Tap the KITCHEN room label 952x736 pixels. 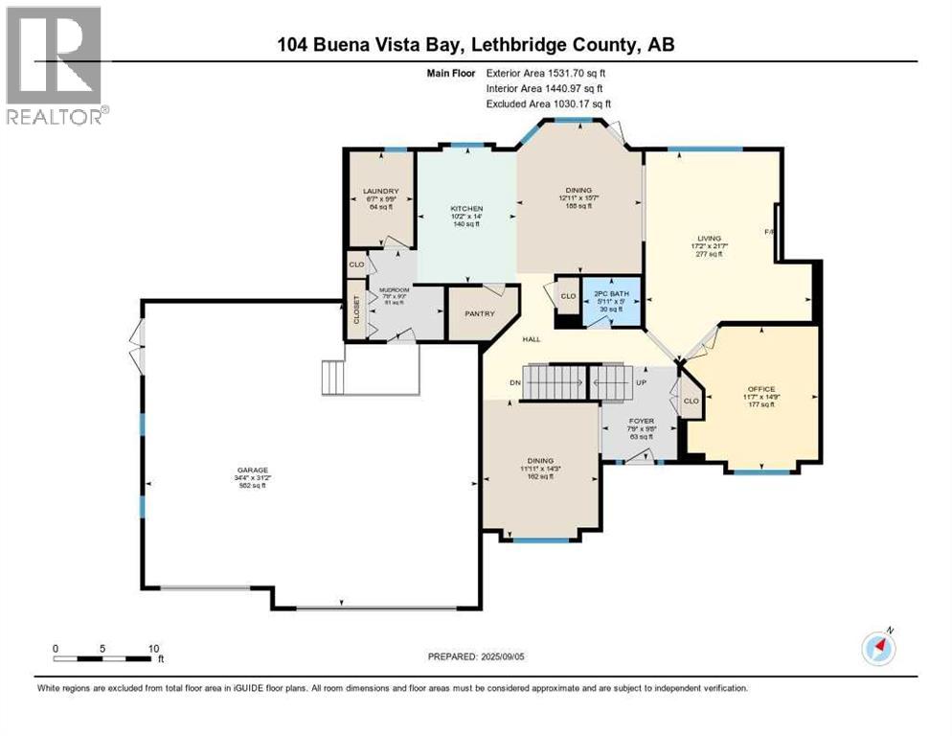[467, 209]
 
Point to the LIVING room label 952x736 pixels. [709, 238]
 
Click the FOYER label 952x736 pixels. [641, 421]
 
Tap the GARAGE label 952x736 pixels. [254, 470]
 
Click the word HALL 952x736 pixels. [533, 339]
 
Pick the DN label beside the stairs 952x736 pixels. [515, 382]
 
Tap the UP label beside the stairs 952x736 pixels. [641, 382]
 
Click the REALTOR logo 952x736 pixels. [55, 66]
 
